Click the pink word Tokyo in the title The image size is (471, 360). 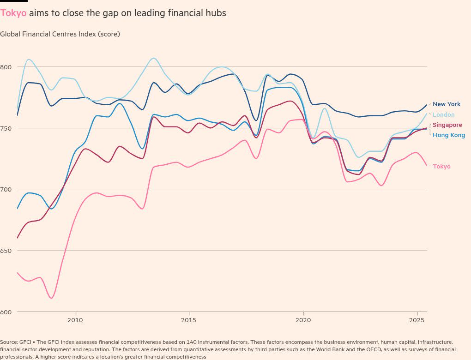(x=13, y=13)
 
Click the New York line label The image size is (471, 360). (x=446, y=104)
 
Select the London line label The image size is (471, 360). (x=443, y=115)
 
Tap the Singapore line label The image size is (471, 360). (x=447, y=125)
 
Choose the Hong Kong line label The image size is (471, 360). (x=448, y=135)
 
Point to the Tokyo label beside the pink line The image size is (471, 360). (x=441, y=167)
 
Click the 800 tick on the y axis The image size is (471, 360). (x=6, y=67)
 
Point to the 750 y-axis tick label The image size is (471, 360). (x=6, y=128)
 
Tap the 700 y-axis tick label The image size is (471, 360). (x=6, y=189)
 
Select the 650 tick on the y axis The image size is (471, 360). (x=6, y=251)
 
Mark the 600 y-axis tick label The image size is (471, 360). (x=6, y=312)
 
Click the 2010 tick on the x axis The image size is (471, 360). (x=75, y=320)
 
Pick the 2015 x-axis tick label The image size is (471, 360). (x=189, y=320)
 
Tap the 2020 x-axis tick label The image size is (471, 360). (x=303, y=320)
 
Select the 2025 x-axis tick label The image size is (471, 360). (x=417, y=320)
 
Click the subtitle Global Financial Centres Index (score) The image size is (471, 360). (x=60, y=34)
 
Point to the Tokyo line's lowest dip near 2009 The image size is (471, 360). (x=51, y=298)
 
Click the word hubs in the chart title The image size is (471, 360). (x=216, y=13)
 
